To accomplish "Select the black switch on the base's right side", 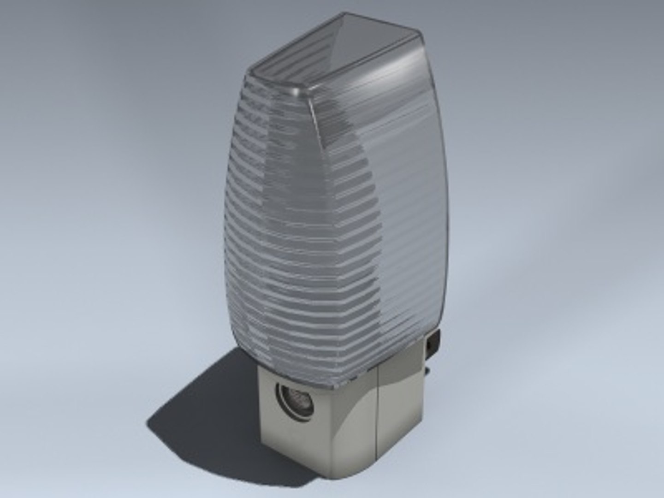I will (x=433, y=344).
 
